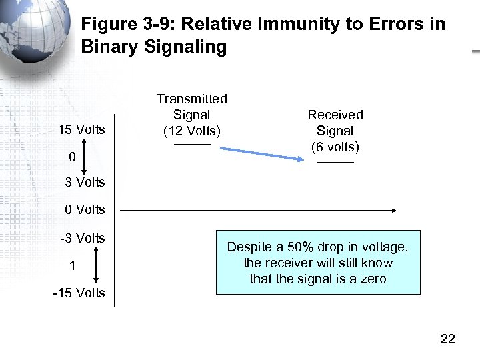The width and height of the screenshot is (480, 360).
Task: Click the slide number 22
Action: [x=448, y=339]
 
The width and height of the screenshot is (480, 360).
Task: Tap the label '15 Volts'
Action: [x=81, y=129]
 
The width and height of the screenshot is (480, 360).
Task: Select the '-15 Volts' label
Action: [x=79, y=293]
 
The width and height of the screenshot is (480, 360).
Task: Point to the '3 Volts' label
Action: [x=85, y=182]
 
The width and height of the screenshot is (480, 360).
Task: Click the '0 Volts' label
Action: [x=85, y=209]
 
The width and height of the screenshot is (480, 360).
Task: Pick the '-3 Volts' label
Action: [x=83, y=238]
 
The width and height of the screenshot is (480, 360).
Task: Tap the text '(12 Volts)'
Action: [x=192, y=131]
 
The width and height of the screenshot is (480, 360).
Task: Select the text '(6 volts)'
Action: [x=335, y=147]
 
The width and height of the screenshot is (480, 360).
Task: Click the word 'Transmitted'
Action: [x=192, y=99]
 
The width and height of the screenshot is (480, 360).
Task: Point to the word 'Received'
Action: [x=335, y=115]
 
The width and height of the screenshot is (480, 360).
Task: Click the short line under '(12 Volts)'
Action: [x=192, y=145]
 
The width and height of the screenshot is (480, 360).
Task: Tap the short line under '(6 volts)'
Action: [x=335, y=163]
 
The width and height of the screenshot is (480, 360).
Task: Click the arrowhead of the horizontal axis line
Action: [x=393, y=211]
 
